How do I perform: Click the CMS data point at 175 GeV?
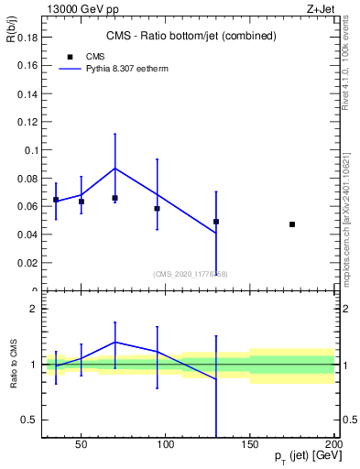tap(292, 224)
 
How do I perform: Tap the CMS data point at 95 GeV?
tap(157, 209)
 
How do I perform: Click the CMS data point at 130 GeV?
tap(216, 222)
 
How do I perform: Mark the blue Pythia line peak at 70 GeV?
tap(115, 168)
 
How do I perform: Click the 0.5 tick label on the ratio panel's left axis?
tap(28, 420)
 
